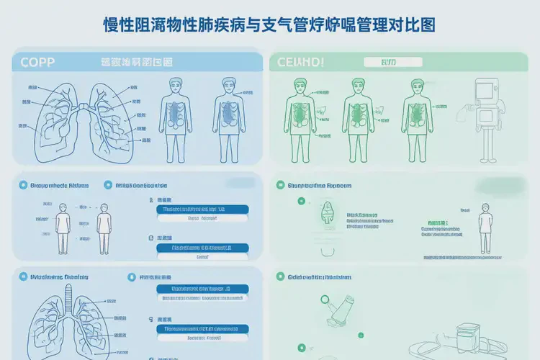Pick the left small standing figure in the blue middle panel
[x=63, y=227]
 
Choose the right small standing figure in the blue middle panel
[x=104, y=227]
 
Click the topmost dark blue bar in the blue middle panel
[x=202, y=210]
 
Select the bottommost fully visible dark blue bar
[x=202, y=329]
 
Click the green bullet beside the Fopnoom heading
[x=280, y=185]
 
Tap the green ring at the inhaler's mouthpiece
[x=325, y=301]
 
